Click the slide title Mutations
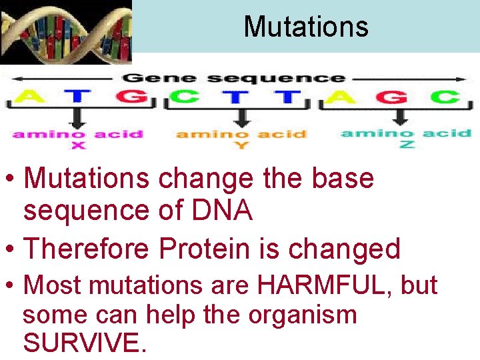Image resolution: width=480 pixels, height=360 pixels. coord(306,27)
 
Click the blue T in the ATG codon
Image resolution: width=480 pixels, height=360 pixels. coord(78,97)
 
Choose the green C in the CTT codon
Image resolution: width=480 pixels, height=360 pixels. coord(184,97)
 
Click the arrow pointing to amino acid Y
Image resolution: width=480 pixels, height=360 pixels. coord(241,117)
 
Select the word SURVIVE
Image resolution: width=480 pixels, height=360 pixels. coord(83,343)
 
